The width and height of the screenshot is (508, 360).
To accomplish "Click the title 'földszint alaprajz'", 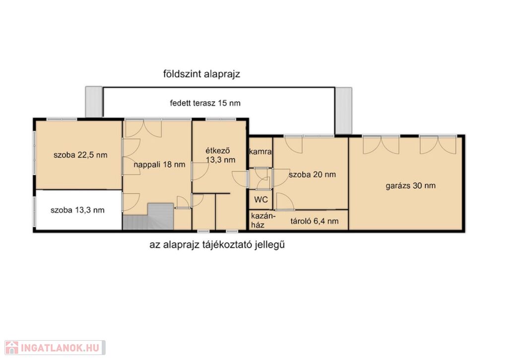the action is [201, 74].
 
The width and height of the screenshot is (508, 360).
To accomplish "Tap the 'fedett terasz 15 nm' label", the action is [205, 103].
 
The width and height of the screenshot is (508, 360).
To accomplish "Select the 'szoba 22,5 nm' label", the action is [80, 155].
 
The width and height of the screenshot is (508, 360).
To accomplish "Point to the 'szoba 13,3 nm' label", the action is [77, 210].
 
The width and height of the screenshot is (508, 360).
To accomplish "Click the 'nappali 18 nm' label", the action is [159, 164].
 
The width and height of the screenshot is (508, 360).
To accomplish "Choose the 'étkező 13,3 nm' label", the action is [220, 155].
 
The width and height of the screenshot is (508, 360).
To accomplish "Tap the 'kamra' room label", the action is [260, 151].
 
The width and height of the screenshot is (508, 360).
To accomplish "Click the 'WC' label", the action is [261, 200].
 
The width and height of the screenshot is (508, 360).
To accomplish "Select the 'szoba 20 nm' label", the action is [313, 174].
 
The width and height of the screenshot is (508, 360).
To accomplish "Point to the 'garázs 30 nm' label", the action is [410, 186].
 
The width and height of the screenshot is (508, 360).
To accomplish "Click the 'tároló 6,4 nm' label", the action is [314, 221].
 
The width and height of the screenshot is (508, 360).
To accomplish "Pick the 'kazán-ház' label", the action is [263, 220].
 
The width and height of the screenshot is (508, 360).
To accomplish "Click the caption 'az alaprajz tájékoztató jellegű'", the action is [217, 244].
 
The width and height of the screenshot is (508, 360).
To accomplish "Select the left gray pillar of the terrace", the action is [94, 101].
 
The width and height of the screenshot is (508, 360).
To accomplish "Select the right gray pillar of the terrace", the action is [343, 110].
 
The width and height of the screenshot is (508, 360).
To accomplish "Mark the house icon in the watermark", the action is [12, 348].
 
